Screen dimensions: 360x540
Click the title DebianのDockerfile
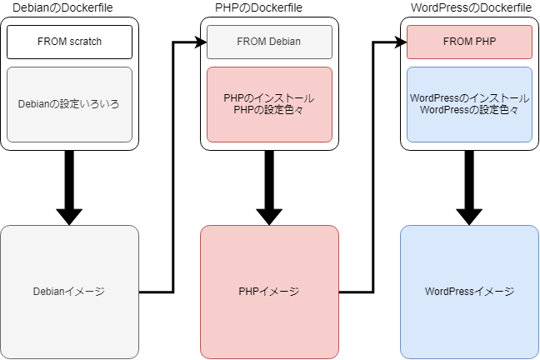click(69, 8)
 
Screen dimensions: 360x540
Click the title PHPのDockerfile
click(269, 8)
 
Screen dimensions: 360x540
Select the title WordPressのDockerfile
click(470, 8)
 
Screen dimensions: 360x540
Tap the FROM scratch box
click(69, 42)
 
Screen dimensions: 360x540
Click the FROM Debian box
click(269, 42)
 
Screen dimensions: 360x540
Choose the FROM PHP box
click(469, 42)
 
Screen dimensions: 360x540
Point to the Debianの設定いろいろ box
click(69, 104)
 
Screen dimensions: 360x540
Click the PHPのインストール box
click(269, 98)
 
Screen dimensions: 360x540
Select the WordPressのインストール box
click(469, 98)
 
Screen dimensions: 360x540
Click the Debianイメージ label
click(69, 292)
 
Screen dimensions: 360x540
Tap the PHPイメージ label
click(269, 292)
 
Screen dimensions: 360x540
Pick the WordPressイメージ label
click(469, 292)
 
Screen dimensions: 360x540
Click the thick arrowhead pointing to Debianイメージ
click(69, 215)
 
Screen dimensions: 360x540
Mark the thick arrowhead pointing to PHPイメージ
click(269, 215)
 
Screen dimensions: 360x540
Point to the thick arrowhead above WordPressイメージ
click(469, 215)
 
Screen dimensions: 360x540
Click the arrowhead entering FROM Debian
click(201, 42)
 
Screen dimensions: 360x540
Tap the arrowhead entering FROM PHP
click(401, 42)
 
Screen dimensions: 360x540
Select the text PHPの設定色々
click(269, 110)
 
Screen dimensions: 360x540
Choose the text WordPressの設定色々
click(469, 110)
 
